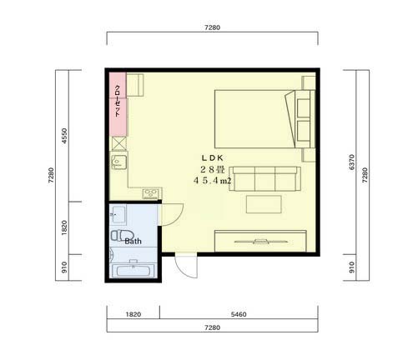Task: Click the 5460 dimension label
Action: click(239, 314)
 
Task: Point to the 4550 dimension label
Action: click(64, 136)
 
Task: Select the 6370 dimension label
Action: click(351, 162)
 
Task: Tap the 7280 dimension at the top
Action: click(212, 27)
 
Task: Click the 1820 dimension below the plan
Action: click(133, 314)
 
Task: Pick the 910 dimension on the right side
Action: click(351, 267)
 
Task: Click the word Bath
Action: click(133, 241)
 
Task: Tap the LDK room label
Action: click(212, 158)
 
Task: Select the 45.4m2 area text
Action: click(212, 181)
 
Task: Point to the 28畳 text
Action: click(212, 169)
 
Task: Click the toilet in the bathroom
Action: click(122, 235)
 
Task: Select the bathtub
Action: click(133, 270)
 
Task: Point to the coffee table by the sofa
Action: click(264, 204)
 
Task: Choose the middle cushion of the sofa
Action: click(264, 178)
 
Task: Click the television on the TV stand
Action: click(260, 242)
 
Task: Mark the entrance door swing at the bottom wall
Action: click(186, 266)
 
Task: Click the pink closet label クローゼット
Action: click(118, 101)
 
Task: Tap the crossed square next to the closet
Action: click(119, 143)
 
